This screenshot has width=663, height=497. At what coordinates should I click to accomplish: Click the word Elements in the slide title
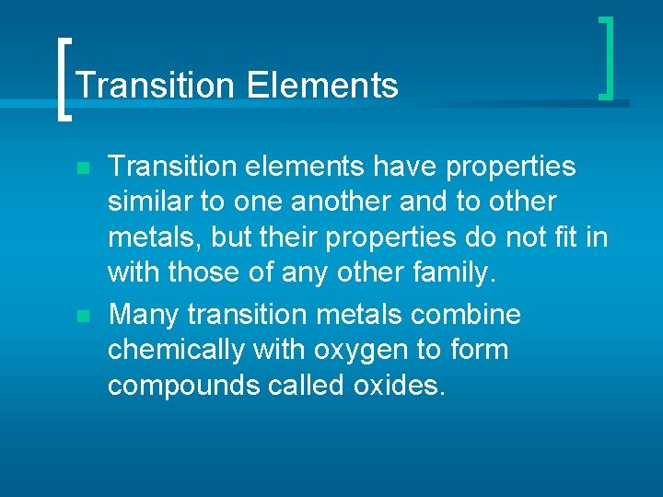point(322,86)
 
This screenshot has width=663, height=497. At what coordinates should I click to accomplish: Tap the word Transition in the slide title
point(155,86)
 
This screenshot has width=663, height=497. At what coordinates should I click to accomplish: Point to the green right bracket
point(607,57)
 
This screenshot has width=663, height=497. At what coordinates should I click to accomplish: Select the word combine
point(466,315)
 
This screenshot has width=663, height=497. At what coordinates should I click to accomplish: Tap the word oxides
point(399,386)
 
